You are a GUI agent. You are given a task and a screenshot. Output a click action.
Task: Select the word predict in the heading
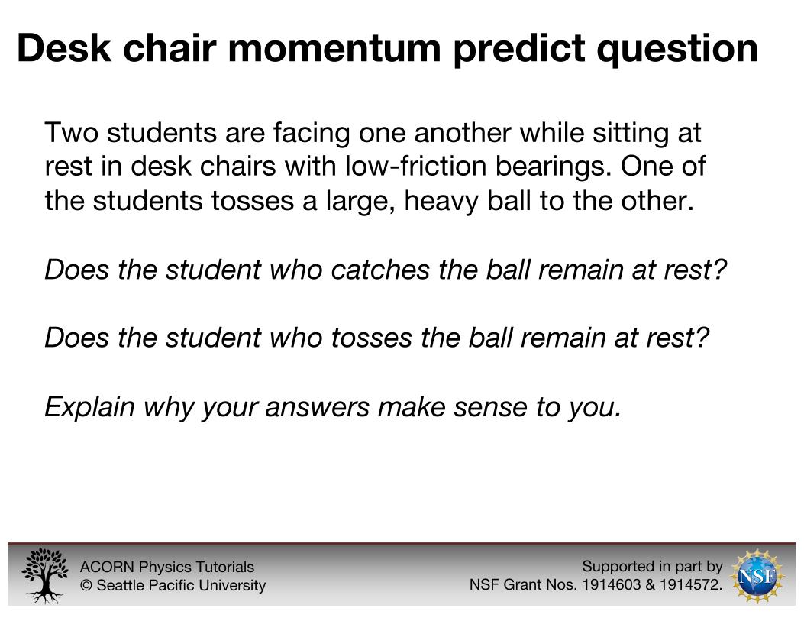(x=520, y=49)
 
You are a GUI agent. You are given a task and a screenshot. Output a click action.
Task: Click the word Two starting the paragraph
(x=71, y=132)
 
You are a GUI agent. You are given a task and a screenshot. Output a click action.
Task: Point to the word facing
(x=312, y=134)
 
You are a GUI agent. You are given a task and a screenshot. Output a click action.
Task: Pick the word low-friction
(x=415, y=166)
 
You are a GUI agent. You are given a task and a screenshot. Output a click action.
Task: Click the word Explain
(x=89, y=407)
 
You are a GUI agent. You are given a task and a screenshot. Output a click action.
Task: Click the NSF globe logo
(x=757, y=576)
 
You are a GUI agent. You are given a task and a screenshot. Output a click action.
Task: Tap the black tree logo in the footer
(x=45, y=575)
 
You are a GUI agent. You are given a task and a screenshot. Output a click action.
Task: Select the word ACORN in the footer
(x=107, y=567)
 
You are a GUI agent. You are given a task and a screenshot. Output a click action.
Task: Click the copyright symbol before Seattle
(x=86, y=585)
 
